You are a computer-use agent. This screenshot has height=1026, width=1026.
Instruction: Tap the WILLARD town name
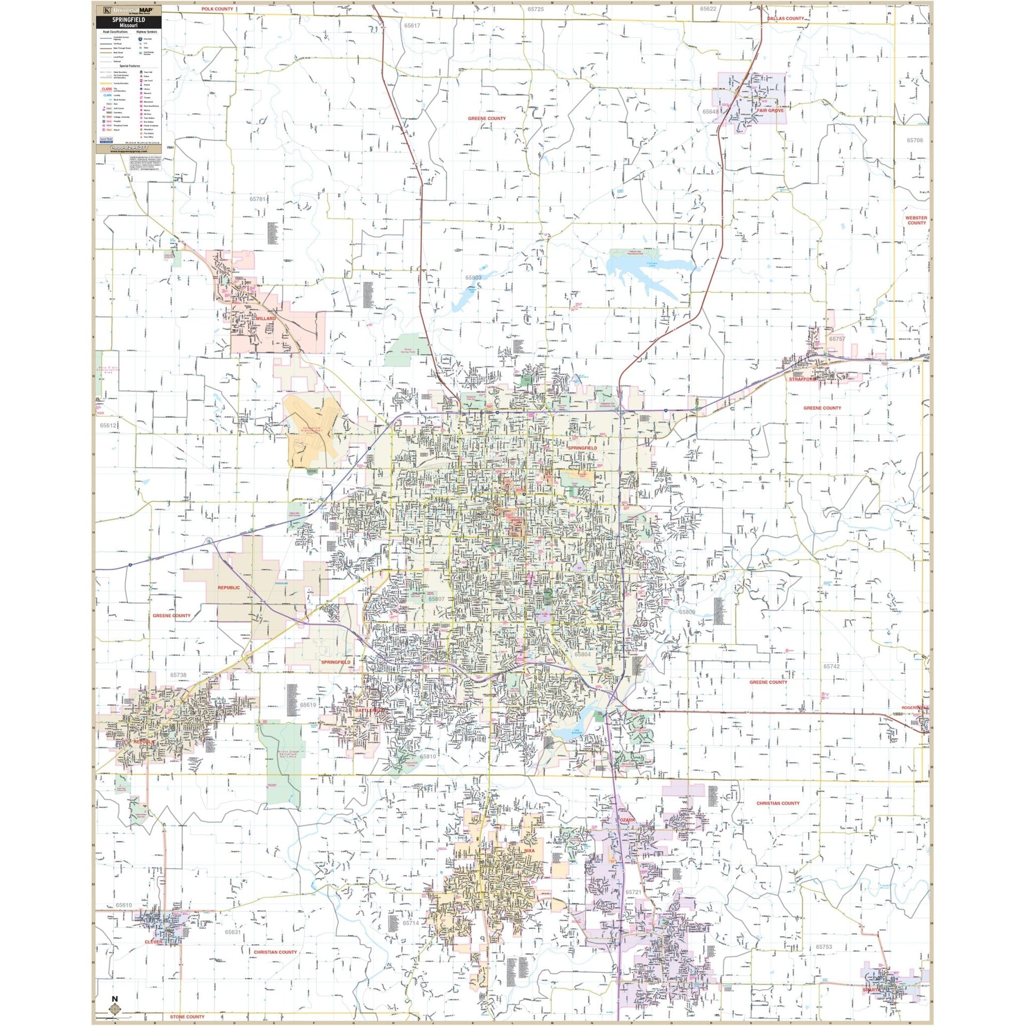point(265,318)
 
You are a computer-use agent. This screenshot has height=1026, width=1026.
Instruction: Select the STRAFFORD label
point(802,379)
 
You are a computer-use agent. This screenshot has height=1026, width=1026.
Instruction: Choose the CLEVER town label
point(153,942)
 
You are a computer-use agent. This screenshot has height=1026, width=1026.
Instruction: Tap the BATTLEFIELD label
point(370,710)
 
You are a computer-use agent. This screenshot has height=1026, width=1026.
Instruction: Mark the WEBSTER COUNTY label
point(916,220)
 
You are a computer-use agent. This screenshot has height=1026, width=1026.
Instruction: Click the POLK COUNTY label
point(217,9)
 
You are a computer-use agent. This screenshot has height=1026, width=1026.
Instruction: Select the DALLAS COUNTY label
point(785,18)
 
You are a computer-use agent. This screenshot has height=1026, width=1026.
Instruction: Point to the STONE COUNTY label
point(187,1016)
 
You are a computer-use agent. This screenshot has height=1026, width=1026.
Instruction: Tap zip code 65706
point(914,141)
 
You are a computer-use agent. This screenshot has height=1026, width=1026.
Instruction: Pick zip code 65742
point(831,666)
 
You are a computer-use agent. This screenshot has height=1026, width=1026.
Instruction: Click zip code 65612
point(108,425)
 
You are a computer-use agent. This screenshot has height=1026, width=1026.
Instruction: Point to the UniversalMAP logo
point(128,10)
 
